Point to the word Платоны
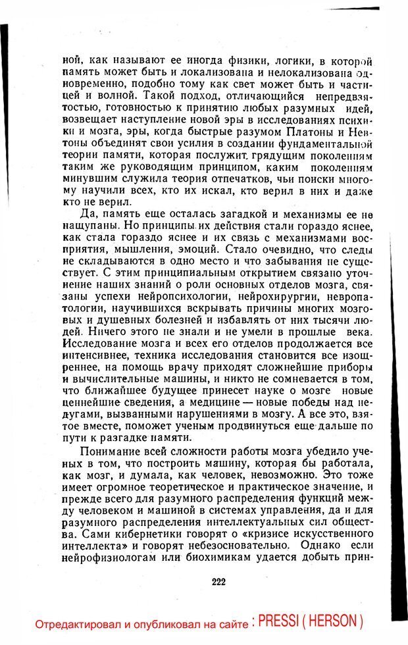click(x=293, y=132)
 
